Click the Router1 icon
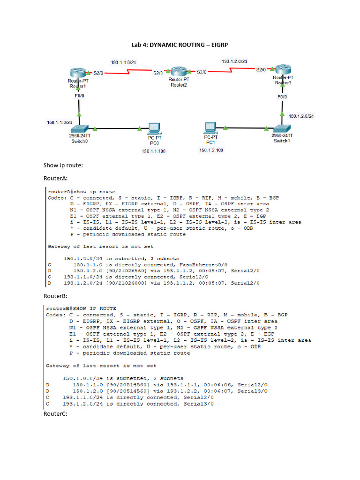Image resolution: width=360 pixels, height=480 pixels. click(78, 73)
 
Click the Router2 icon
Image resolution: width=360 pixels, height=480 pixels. click(179, 71)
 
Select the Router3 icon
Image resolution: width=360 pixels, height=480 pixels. click(283, 69)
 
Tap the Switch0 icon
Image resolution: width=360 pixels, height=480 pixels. click(79, 129)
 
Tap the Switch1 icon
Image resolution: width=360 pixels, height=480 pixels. click(282, 128)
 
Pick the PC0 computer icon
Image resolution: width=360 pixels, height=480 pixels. click(154, 128)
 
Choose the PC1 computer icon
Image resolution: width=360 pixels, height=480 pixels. click(210, 128)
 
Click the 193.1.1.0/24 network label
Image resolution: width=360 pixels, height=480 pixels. click(123, 62)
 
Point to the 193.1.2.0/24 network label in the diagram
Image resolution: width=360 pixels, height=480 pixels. click(234, 61)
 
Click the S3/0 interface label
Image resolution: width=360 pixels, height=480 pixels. click(202, 72)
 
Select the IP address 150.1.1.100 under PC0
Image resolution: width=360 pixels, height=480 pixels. click(153, 151)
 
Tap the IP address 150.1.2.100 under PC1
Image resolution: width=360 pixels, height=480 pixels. click(211, 150)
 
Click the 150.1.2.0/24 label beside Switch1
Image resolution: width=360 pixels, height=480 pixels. click(301, 116)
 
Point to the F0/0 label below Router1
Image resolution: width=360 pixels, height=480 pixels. click(79, 96)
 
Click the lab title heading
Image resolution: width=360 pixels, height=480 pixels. click(180, 45)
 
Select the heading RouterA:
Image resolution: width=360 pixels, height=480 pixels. click(55, 178)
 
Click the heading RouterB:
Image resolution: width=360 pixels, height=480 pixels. click(55, 296)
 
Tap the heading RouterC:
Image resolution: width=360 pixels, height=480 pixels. click(55, 414)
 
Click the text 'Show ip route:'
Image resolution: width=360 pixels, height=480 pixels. click(63, 165)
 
